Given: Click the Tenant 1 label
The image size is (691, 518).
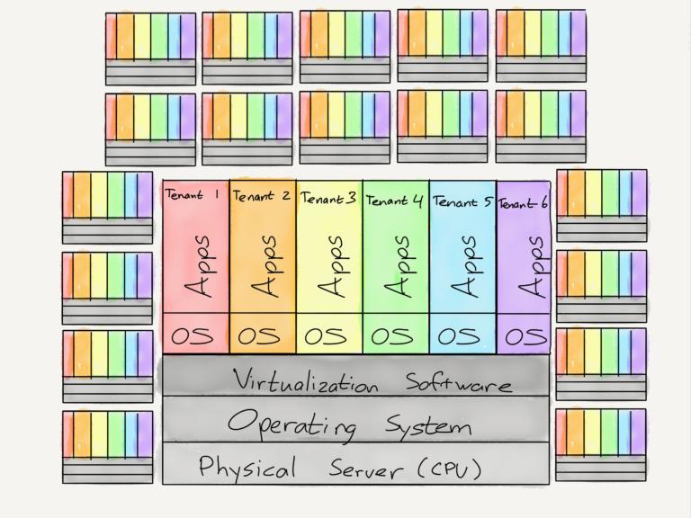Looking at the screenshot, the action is click(x=193, y=194).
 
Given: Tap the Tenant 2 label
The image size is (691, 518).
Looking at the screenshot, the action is click(x=261, y=196).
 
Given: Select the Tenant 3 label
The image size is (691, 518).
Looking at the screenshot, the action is click(x=328, y=198).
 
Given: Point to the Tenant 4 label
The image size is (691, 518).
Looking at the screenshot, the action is click(x=394, y=201).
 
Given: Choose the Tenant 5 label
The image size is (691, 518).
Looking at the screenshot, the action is click(x=462, y=201).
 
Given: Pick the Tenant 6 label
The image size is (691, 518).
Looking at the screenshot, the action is click(x=523, y=203).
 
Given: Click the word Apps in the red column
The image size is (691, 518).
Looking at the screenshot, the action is click(x=197, y=266).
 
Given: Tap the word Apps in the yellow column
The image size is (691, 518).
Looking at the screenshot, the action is click(x=330, y=266).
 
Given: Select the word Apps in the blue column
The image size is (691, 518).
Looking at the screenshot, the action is click(x=463, y=266).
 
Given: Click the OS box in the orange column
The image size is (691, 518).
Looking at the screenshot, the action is click(x=263, y=334).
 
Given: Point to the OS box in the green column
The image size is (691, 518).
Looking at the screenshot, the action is click(x=396, y=334).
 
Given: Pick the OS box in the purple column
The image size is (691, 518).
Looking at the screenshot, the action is click(x=524, y=334).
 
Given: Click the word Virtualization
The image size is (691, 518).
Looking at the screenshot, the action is click(x=305, y=380).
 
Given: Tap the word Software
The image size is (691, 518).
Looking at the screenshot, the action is click(x=458, y=382).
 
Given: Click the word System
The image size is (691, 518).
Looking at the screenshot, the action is click(x=428, y=425).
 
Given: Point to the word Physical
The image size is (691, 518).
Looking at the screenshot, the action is click(x=247, y=467).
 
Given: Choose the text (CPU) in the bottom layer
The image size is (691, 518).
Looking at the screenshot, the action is click(x=450, y=469).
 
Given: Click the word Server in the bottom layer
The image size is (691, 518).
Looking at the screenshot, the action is click(x=366, y=469).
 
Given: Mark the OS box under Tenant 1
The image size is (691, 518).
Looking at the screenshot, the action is click(x=196, y=334).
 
